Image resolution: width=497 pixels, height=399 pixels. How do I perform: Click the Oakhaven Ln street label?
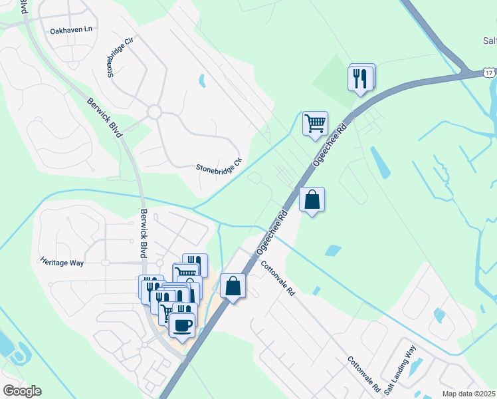click(71, 31)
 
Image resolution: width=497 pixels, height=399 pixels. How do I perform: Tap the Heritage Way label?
click(62, 263)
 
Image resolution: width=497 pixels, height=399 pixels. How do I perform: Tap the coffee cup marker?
click(181, 326)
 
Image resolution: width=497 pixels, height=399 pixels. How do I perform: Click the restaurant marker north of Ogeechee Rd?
click(361, 78)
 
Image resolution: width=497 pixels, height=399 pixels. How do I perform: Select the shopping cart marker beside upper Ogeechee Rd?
click(315, 123)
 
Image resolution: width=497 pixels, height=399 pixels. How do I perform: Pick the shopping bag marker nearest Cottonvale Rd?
click(233, 287)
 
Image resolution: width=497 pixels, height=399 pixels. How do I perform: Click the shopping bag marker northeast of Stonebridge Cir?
click(312, 199)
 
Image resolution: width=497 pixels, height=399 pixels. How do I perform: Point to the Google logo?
click(22, 391)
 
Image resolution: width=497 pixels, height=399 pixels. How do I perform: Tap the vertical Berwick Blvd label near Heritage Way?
click(143, 234)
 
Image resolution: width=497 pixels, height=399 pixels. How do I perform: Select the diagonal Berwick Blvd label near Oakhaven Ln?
click(105, 118)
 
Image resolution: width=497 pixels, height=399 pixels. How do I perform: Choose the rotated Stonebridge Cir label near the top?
click(120, 58)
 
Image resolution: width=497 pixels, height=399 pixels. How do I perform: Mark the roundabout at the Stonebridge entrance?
click(155, 112)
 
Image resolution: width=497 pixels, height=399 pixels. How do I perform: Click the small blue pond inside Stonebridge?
click(201, 81)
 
